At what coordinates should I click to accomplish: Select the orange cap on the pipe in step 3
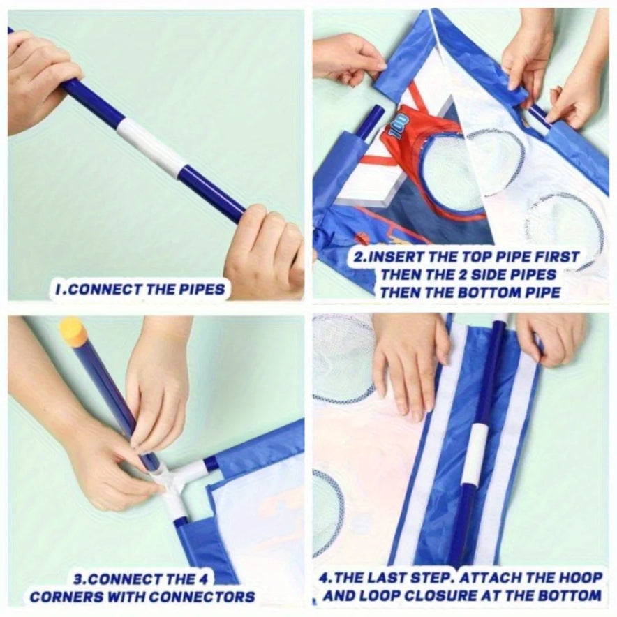coord(73,332)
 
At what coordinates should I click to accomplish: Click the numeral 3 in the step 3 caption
coord(77,579)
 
